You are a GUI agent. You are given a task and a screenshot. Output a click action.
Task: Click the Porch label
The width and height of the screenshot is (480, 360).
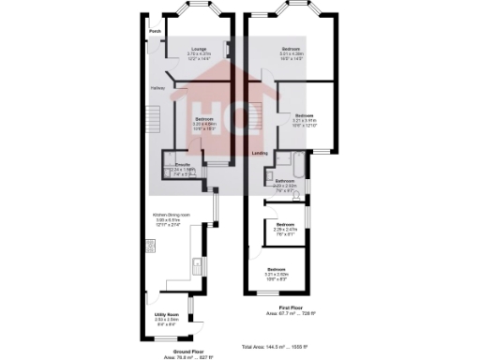155,31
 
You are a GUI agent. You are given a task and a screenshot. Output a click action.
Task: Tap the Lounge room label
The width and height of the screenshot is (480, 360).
199,49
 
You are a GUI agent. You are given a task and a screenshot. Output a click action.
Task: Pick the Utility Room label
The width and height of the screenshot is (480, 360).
166,314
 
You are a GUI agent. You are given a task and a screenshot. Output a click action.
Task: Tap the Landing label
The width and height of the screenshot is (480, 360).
261,153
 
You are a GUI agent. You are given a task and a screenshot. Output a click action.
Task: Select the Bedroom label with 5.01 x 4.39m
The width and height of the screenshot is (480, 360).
293,48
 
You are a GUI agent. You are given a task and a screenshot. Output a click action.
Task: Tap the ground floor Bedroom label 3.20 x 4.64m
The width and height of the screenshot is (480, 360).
204,120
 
